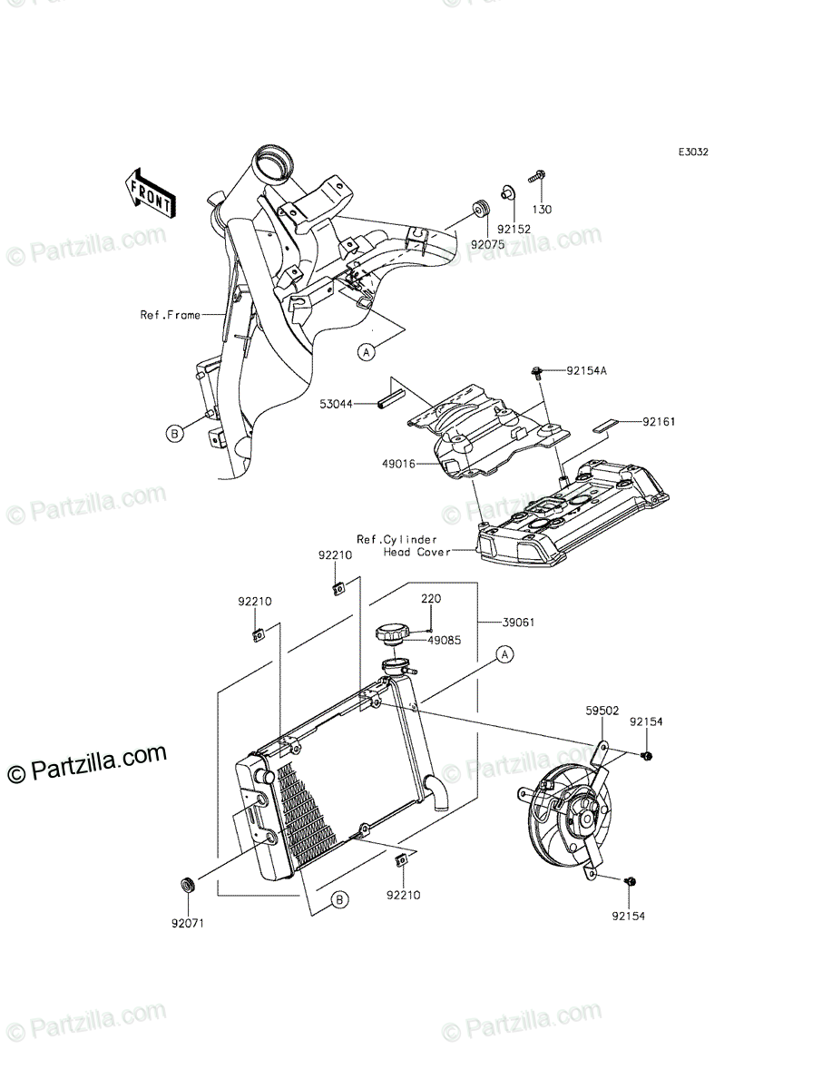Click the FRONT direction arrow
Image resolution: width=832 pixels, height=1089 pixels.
[x=149, y=193]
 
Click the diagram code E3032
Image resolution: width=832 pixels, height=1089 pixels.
[x=693, y=152]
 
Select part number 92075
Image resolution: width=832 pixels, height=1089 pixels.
[x=487, y=244]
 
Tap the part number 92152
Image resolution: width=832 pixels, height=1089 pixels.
[x=514, y=230]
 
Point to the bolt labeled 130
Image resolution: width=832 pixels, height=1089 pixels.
[x=536, y=176]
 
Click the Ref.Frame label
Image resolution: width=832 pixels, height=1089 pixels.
[x=170, y=315]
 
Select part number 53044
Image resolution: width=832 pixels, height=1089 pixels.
[x=336, y=405]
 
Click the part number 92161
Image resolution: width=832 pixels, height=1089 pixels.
[x=659, y=422]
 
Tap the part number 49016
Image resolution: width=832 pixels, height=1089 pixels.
[x=398, y=465]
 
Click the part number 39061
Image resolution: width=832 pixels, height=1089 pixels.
[x=518, y=623]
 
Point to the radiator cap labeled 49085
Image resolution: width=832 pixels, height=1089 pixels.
[x=392, y=635]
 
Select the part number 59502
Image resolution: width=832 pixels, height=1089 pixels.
[x=602, y=711]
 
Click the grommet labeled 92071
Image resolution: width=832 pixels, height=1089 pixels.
[x=188, y=885]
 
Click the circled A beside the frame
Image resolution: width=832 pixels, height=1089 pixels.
[x=367, y=352]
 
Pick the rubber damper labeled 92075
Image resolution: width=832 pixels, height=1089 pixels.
[x=480, y=209]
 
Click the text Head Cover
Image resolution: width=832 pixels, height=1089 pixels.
[x=416, y=552]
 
